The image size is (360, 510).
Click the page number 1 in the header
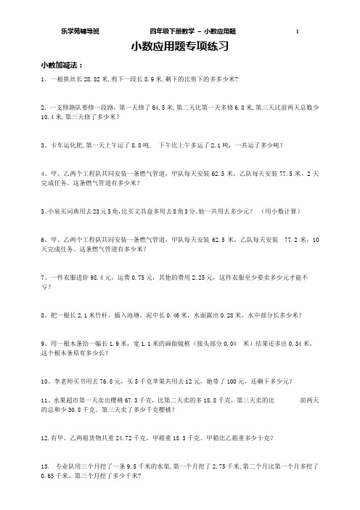coord(298,32)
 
